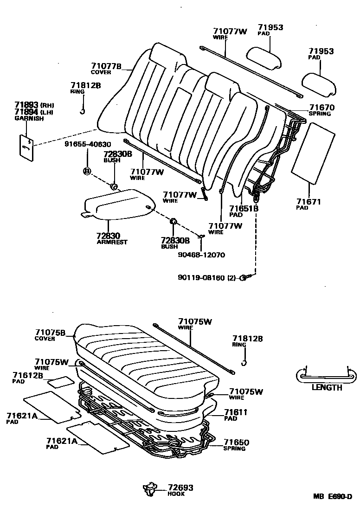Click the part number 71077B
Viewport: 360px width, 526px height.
106,66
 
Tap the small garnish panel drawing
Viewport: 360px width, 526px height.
26,148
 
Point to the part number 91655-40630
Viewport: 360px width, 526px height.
88,144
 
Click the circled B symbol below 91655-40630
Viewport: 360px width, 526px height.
86,171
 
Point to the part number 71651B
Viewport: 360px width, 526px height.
244,209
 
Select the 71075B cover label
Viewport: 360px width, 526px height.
50,332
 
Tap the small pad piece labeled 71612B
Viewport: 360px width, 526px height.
61,382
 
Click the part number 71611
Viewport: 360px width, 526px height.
236,412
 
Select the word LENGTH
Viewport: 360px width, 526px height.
327,387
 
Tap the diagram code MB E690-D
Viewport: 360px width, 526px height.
332,496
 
